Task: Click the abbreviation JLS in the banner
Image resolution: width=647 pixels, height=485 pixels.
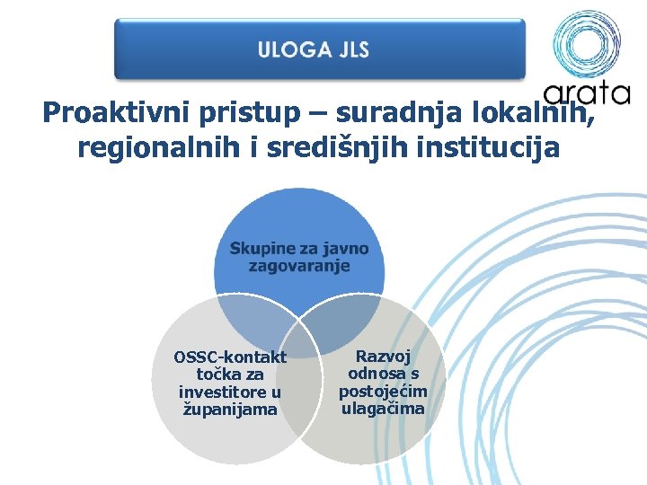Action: (353, 49)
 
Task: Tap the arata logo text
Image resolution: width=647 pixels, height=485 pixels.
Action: (587, 92)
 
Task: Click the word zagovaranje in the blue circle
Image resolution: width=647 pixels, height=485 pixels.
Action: (299, 266)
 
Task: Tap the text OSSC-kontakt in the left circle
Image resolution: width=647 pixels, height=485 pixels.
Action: (230, 357)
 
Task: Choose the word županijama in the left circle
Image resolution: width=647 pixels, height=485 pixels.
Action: (230, 410)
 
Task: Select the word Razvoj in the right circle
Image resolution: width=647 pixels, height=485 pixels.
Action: (383, 356)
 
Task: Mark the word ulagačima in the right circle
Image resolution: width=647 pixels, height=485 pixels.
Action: (383, 409)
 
